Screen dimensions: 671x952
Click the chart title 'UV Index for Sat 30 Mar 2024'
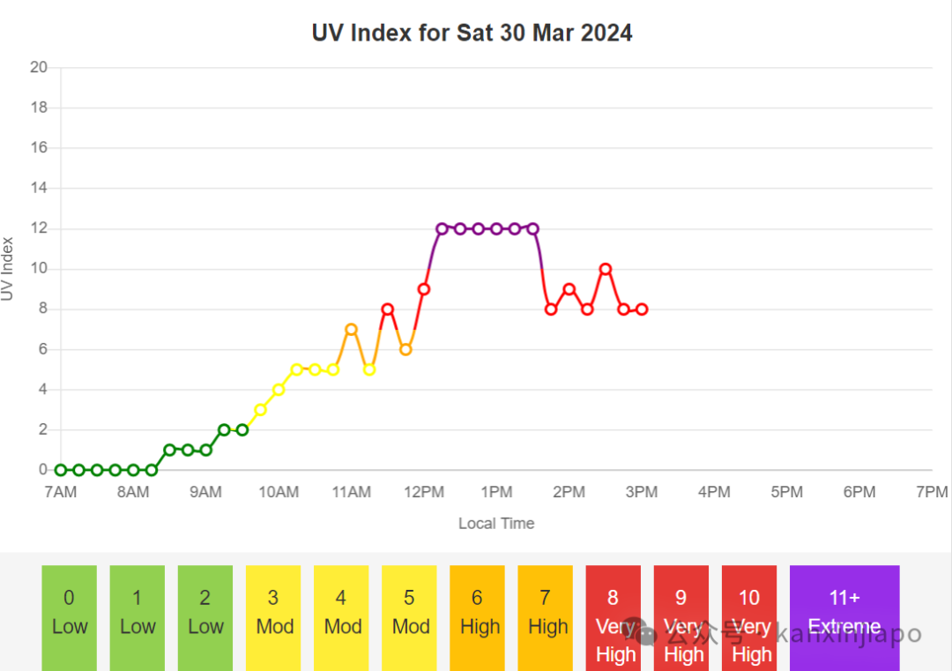tap(472, 33)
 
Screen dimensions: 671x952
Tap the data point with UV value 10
tap(606, 269)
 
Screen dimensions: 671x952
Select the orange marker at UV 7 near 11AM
tap(351, 330)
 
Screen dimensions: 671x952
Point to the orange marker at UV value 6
tap(405, 349)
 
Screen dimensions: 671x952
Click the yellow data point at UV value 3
tap(260, 410)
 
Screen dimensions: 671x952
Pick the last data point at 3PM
tap(642, 309)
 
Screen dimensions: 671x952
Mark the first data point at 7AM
tap(61, 470)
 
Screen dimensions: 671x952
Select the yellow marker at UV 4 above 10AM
tap(279, 390)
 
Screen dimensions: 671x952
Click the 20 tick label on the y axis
tap(39, 67)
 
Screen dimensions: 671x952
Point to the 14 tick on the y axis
tap(39, 188)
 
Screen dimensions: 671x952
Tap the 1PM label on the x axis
tap(496, 492)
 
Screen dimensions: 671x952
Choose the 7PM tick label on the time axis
tap(932, 492)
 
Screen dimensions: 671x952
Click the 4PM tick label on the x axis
tap(714, 492)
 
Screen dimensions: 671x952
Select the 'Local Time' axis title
tap(496, 523)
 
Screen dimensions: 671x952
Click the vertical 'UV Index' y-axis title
tap(9, 269)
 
